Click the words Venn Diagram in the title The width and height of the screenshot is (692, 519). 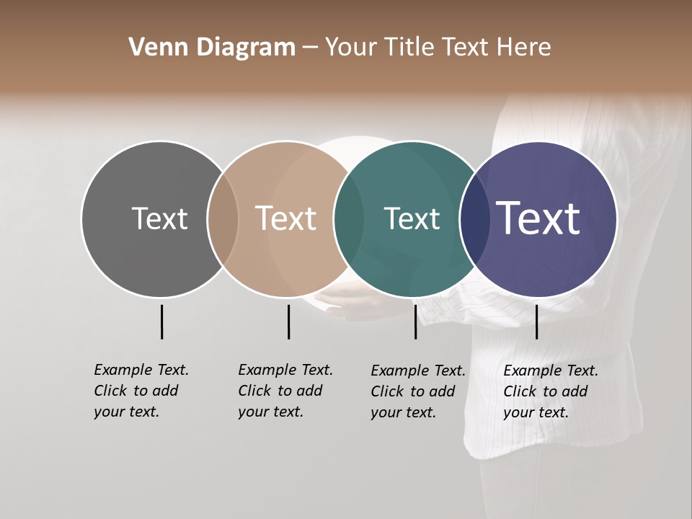(x=212, y=48)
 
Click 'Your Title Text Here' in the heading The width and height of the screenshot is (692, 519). (x=438, y=48)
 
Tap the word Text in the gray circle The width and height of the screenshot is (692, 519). (x=159, y=218)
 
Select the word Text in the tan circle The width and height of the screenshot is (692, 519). (x=285, y=218)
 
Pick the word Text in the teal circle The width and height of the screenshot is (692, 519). (x=412, y=218)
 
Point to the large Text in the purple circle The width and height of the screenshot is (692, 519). (x=538, y=218)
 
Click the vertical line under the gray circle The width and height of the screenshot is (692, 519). (x=161, y=321)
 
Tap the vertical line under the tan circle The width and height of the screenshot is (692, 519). (x=288, y=321)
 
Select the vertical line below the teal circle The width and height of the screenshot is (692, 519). (x=415, y=321)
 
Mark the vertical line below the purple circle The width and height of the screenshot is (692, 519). (x=536, y=321)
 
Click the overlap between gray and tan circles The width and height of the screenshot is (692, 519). (x=223, y=218)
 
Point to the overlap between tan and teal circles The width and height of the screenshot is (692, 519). (x=349, y=218)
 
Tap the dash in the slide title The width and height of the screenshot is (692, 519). (x=310, y=48)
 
